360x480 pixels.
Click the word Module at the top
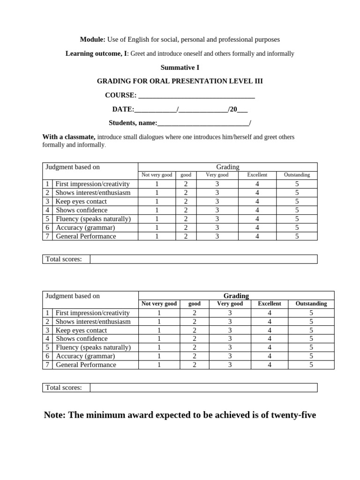click(x=92, y=40)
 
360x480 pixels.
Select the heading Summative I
click(x=180, y=67)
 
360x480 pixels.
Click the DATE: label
click(x=123, y=109)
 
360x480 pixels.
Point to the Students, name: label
click(x=133, y=123)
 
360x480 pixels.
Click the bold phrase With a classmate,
click(x=69, y=137)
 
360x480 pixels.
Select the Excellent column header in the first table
click(x=257, y=175)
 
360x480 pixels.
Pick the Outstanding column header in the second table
click(x=311, y=304)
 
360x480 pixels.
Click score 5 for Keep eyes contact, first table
click(x=297, y=202)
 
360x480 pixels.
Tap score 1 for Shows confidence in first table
click(x=157, y=210)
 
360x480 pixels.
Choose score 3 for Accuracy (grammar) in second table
click(x=230, y=356)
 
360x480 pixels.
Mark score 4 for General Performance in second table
click(x=270, y=365)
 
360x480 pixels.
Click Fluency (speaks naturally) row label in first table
click(x=93, y=219)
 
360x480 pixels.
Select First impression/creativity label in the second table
click(x=92, y=313)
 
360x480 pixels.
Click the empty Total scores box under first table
click(x=203, y=259)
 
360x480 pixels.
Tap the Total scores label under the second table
click(x=64, y=388)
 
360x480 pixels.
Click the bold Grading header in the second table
click(x=236, y=296)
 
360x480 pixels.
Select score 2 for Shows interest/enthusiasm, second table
click(x=195, y=322)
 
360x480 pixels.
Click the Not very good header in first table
click(x=157, y=175)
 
